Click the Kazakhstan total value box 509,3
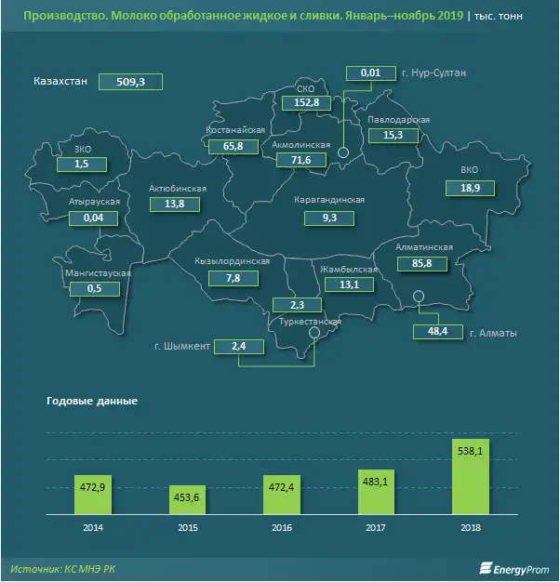pyautogui.click(x=131, y=81)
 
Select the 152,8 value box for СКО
pyautogui.click(x=306, y=102)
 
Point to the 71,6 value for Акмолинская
pyautogui.click(x=300, y=161)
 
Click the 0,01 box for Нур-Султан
pyautogui.click(x=369, y=73)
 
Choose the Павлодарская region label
pyautogui.click(x=398, y=121)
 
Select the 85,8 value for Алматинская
pyautogui.click(x=426, y=264)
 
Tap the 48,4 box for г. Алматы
pyautogui.click(x=435, y=332)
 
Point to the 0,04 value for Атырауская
pyautogui.click(x=94, y=218)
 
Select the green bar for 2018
pyautogui.click(x=471, y=478)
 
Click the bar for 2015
pyautogui.click(x=189, y=499)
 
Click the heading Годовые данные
pyautogui.click(x=91, y=402)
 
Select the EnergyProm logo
pyautogui.click(x=510, y=567)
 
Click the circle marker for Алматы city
pyautogui.click(x=419, y=297)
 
